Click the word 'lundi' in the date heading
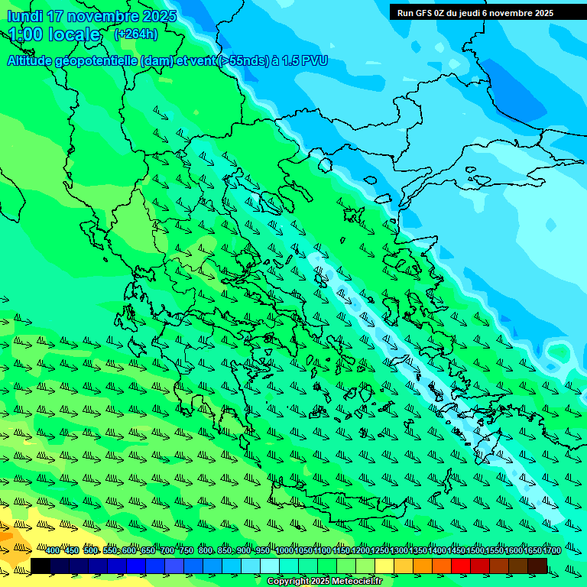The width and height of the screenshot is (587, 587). [x=24, y=16]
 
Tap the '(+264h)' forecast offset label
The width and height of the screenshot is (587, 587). [x=135, y=34]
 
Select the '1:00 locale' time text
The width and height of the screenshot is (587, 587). [x=54, y=34]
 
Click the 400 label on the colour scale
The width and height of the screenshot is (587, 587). [x=53, y=551]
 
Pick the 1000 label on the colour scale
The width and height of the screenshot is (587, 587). [x=284, y=551]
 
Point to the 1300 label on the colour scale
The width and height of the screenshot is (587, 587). [x=399, y=551]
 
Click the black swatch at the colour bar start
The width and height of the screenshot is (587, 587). [x=41, y=566]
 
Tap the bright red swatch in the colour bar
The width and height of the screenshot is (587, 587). [x=461, y=566]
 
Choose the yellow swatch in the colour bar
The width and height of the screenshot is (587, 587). [x=384, y=566]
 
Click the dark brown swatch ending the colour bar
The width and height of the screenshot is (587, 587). [x=537, y=566]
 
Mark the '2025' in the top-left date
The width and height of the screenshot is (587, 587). [x=159, y=16]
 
